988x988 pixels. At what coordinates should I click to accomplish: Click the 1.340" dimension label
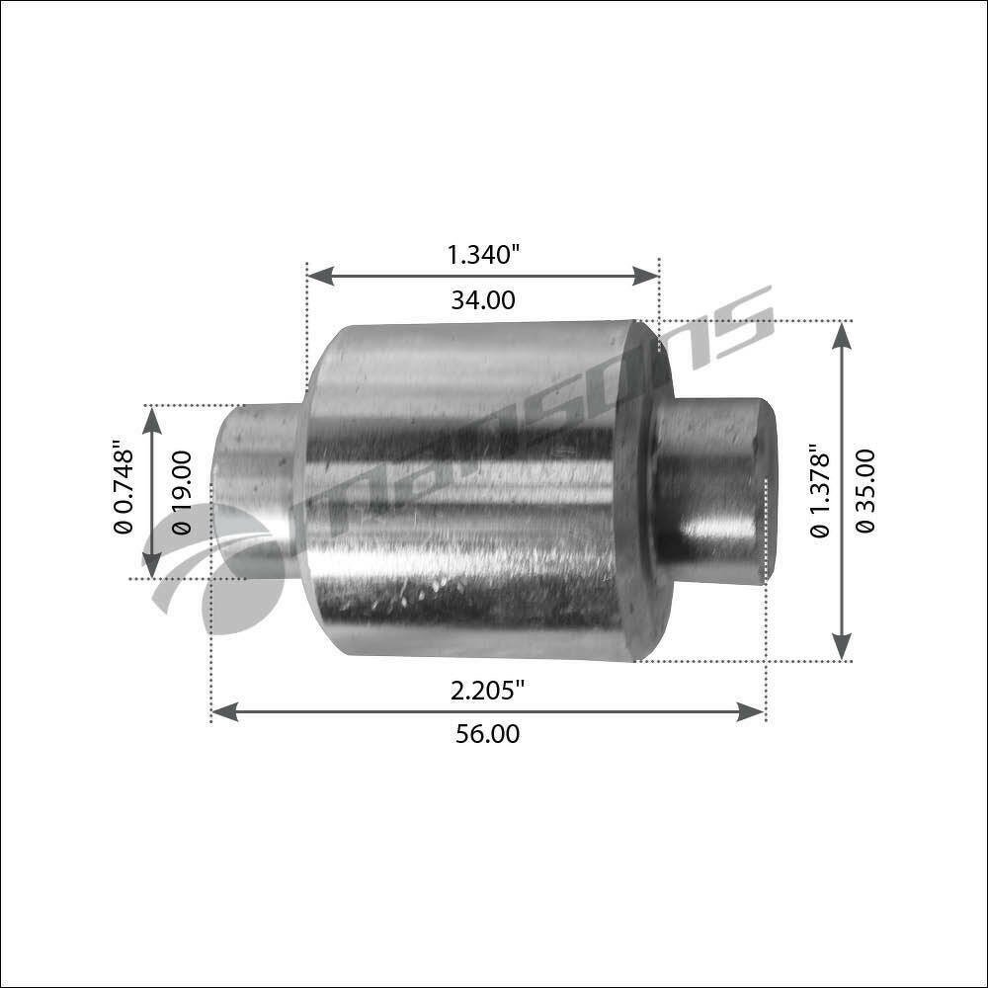tap(483, 255)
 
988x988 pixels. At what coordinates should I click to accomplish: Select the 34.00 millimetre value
tap(483, 300)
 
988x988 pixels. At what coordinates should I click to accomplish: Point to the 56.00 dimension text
tap(488, 734)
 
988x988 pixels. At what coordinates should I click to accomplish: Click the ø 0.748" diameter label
tap(123, 487)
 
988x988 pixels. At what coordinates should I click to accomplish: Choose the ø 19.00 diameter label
tap(182, 492)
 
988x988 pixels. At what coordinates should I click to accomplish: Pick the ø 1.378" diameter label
tap(820, 491)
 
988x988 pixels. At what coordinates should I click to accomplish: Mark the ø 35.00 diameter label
tap(865, 491)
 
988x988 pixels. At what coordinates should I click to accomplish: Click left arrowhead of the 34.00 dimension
tap(320, 276)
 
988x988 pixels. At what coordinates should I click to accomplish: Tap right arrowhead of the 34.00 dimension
tap(645, 276)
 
